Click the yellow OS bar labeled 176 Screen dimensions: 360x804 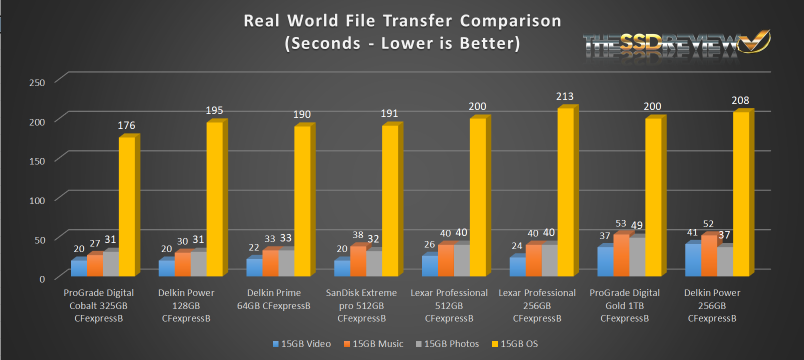tap(126, 206)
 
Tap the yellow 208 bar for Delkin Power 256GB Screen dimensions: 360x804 tap(741, 194)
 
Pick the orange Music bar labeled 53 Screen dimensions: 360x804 tap(621, 255)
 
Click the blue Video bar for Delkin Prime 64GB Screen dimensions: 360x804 tap(254, 267)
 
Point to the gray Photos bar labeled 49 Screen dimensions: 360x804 tap(637, 257)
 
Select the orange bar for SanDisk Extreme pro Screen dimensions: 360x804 tap(358, 261)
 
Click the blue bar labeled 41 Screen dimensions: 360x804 tap(692, 260)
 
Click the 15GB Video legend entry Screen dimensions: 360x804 tap(302, 344)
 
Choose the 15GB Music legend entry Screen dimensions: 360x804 tap(373, 344)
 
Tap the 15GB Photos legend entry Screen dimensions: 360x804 tap(447, 344)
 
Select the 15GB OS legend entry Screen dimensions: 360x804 tap(515, 344)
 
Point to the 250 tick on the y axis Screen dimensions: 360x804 tap(37, 83)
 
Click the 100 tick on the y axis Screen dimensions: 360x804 tap(37, 201)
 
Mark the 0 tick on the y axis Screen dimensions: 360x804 tap(42, 279)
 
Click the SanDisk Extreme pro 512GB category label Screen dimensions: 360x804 tap(361, 305)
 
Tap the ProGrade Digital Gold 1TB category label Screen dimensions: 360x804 tap(624, 305)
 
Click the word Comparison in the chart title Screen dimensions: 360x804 tap(510, 21)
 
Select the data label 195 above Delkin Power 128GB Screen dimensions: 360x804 tap(214, 110)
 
